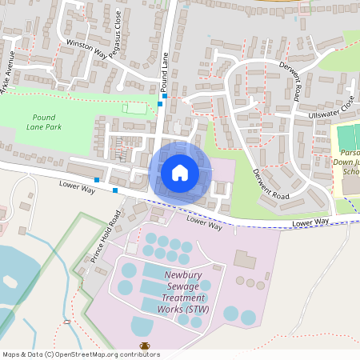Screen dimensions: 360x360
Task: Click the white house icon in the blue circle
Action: coord(180,172)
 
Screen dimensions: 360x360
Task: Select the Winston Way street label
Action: coord(86,49)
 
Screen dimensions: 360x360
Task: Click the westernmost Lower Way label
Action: coord(77,186)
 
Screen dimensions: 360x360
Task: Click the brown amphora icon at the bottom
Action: coord(145,346)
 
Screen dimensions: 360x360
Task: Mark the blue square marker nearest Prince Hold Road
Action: coord(115,190)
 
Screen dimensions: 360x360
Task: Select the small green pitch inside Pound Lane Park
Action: coord(135,108)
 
